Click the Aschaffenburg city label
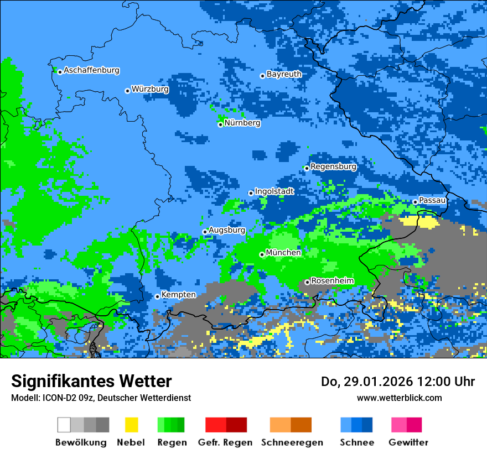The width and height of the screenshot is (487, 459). (x=91, y=71)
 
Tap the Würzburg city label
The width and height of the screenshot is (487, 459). (x=150, y=89)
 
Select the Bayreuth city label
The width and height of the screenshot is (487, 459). (x=284, y=74)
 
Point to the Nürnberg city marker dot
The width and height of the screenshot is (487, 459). (x=220, y=124)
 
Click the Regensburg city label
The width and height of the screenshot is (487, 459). (x=333, y=166)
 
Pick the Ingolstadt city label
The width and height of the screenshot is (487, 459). (x=274, y=191)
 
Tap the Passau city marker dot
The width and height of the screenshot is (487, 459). (x=415, y=202)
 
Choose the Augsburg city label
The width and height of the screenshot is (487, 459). (x=227, y=230)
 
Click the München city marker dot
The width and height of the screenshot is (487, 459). (x=262, y=254)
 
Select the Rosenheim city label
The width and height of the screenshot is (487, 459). (x=332, y=281)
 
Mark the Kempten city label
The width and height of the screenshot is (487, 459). (x=178, y=295)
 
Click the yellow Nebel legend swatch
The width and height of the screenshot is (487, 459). (x=131, y=425)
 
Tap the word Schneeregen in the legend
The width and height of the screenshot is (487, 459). (x=292, y=442)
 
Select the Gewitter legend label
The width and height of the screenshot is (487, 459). (x=408, y=442)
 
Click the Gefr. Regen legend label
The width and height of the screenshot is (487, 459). (x=225, y=442)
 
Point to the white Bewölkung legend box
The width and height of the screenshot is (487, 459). (x=64, y=425)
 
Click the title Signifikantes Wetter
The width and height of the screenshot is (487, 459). (x=91, y=381)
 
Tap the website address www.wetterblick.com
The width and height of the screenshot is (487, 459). (x=399, y=398)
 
